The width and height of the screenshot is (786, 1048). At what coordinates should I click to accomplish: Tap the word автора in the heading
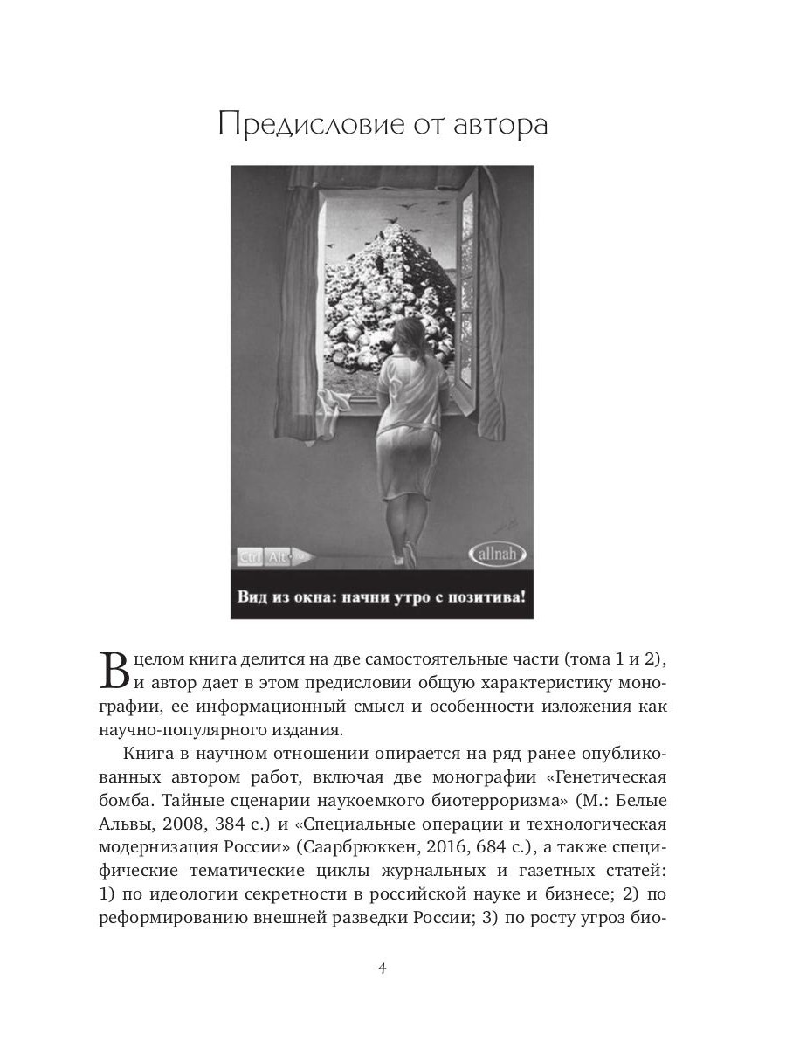click(500, 125)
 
